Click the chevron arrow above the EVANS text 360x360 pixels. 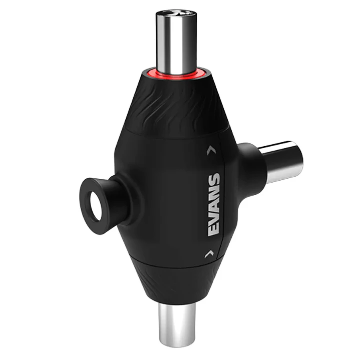pos(208,149)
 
